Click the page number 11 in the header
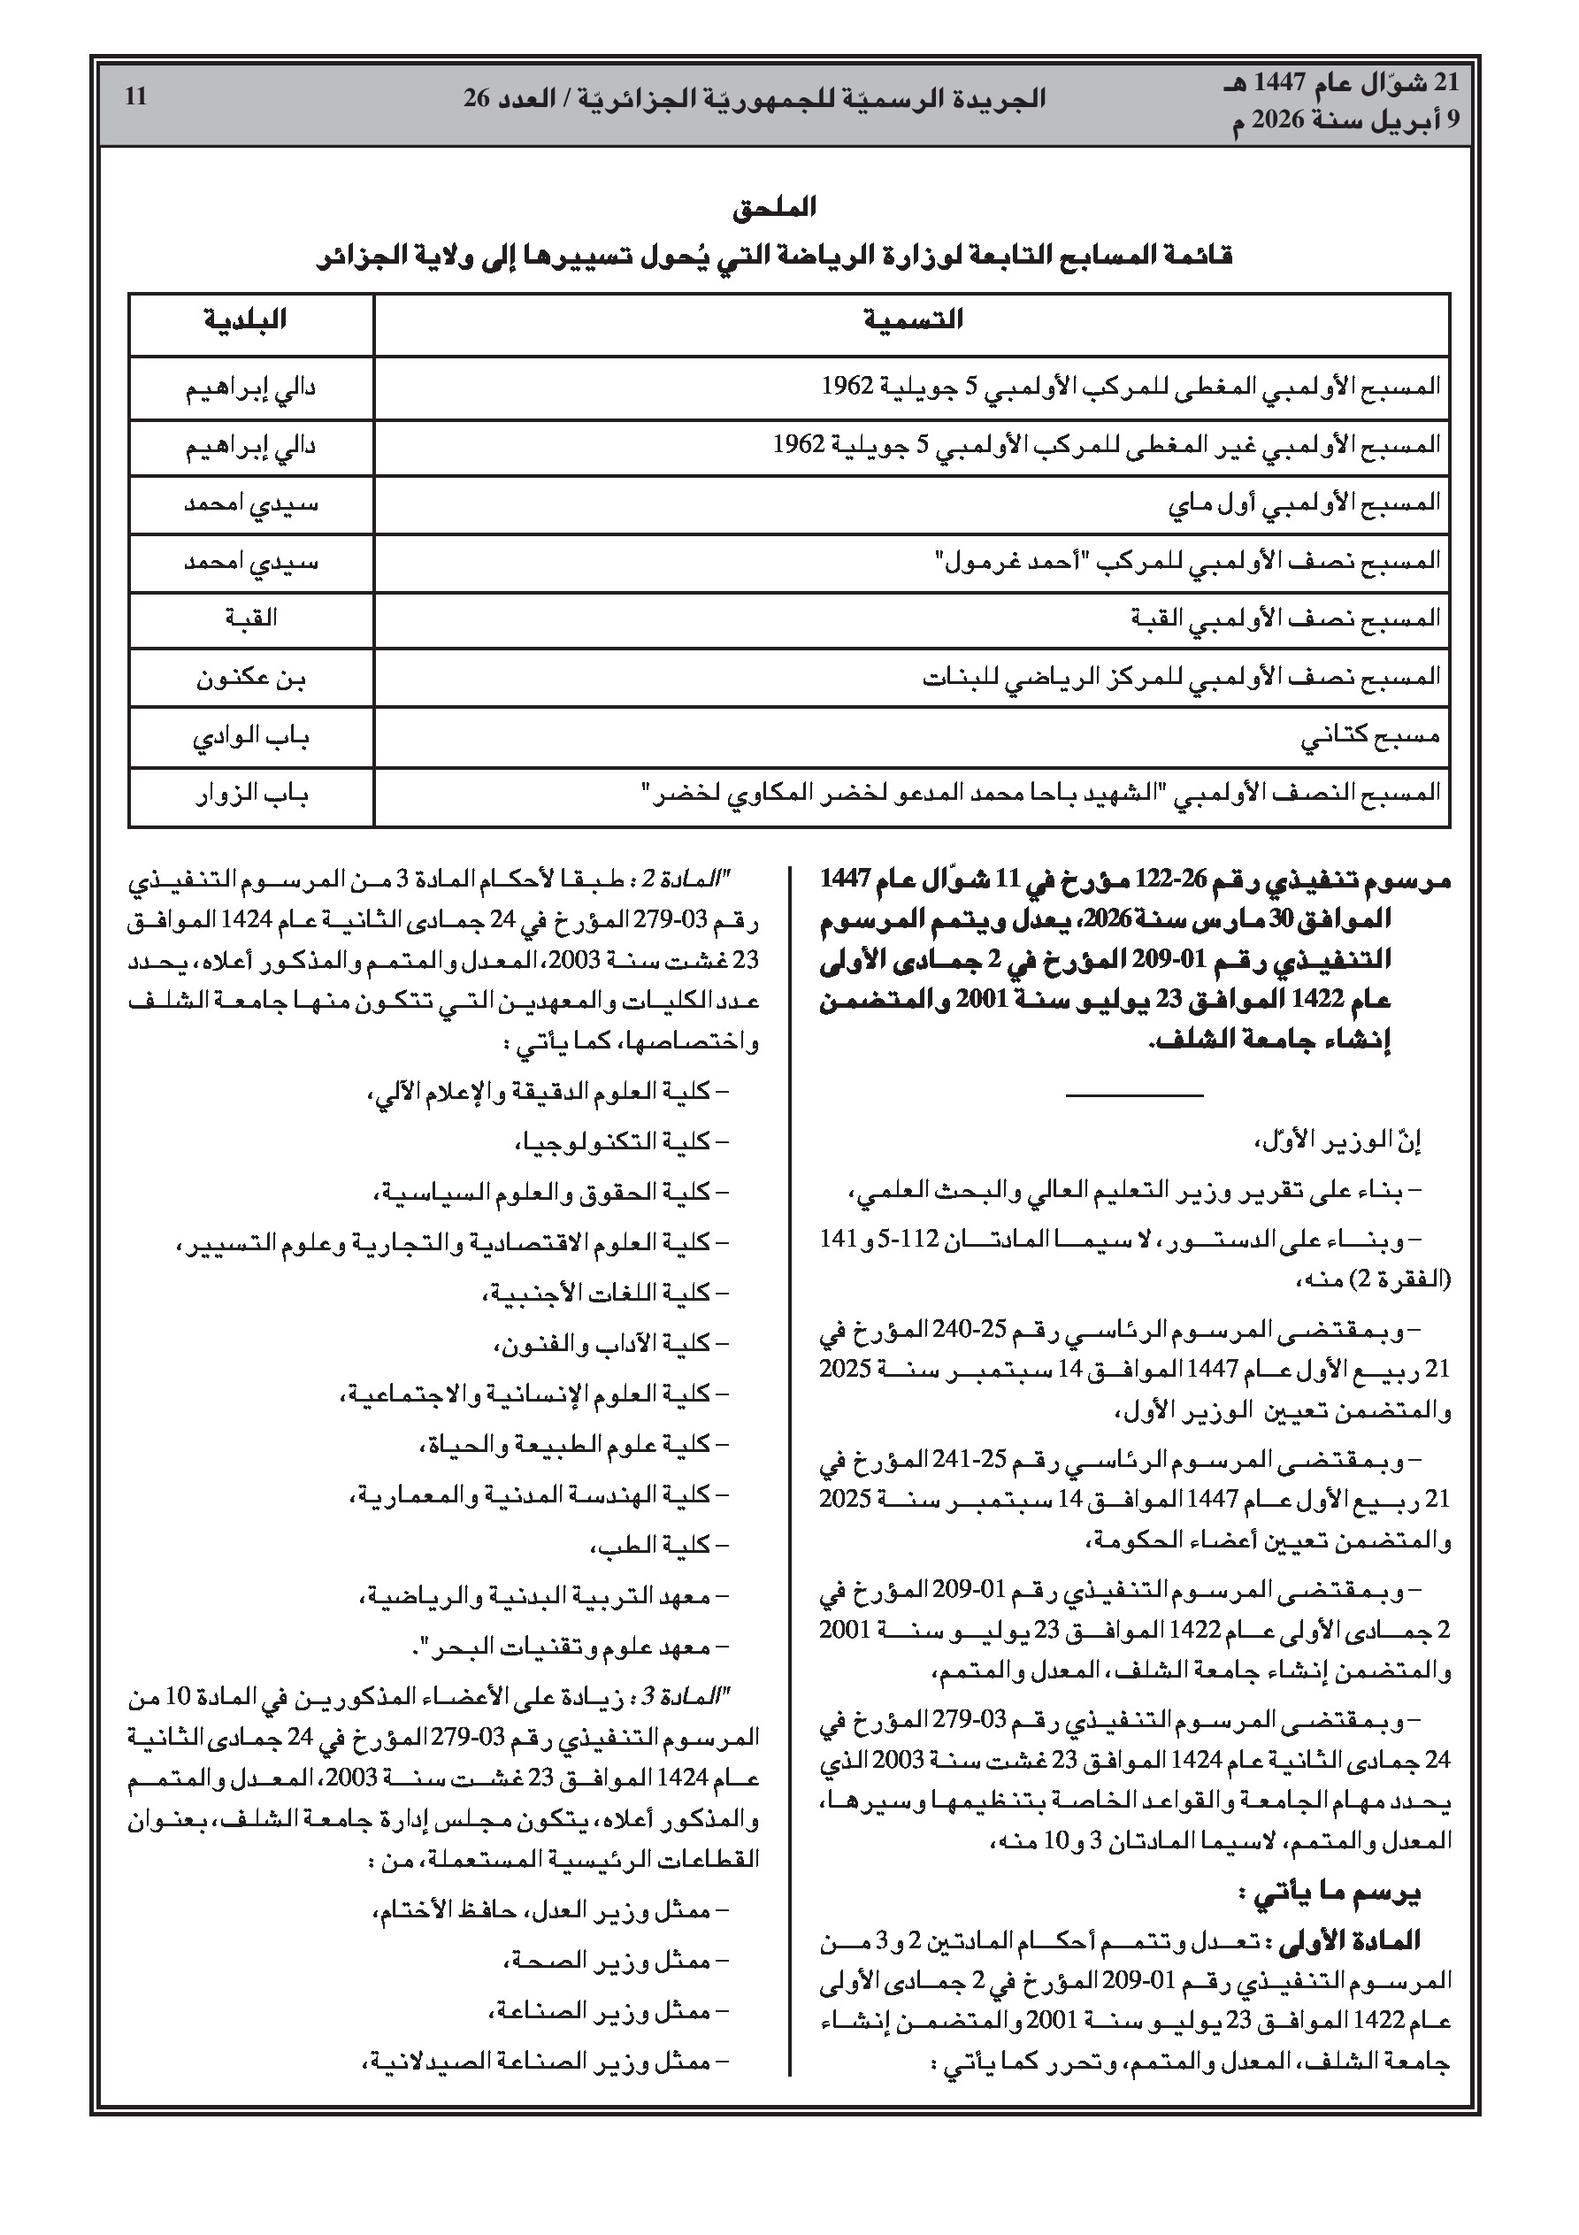135,97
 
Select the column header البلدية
246,320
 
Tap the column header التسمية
912,320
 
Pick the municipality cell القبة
250,618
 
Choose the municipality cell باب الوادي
251,737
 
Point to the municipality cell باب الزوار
251,795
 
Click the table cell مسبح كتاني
1369,737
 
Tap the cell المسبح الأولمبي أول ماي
1304,503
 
